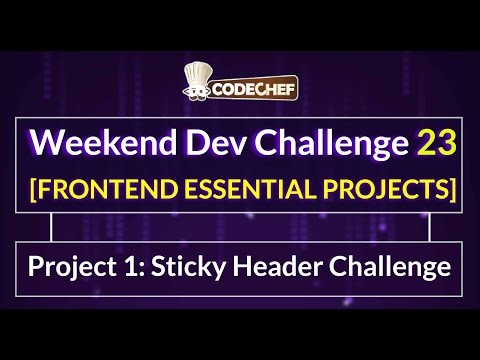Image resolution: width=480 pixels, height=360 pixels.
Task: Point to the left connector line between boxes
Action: coord(52,228)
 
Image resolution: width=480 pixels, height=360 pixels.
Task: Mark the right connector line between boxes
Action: coord(429,228)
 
